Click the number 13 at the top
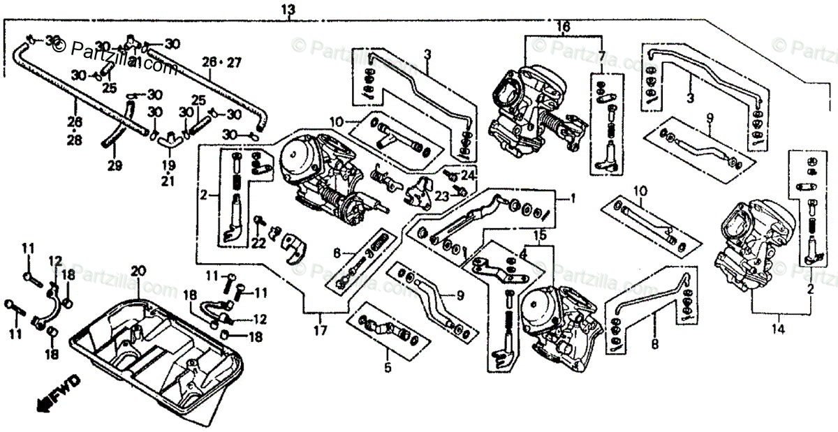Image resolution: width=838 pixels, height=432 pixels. pos(288,10)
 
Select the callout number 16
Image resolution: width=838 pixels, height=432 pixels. pos(563,27)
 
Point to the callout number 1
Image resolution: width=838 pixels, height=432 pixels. pos(573,198)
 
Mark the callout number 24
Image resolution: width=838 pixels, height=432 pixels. pos(466,174)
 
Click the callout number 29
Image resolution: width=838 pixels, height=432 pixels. pos(115,165)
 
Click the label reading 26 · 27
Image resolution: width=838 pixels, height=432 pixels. pos(222,62)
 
